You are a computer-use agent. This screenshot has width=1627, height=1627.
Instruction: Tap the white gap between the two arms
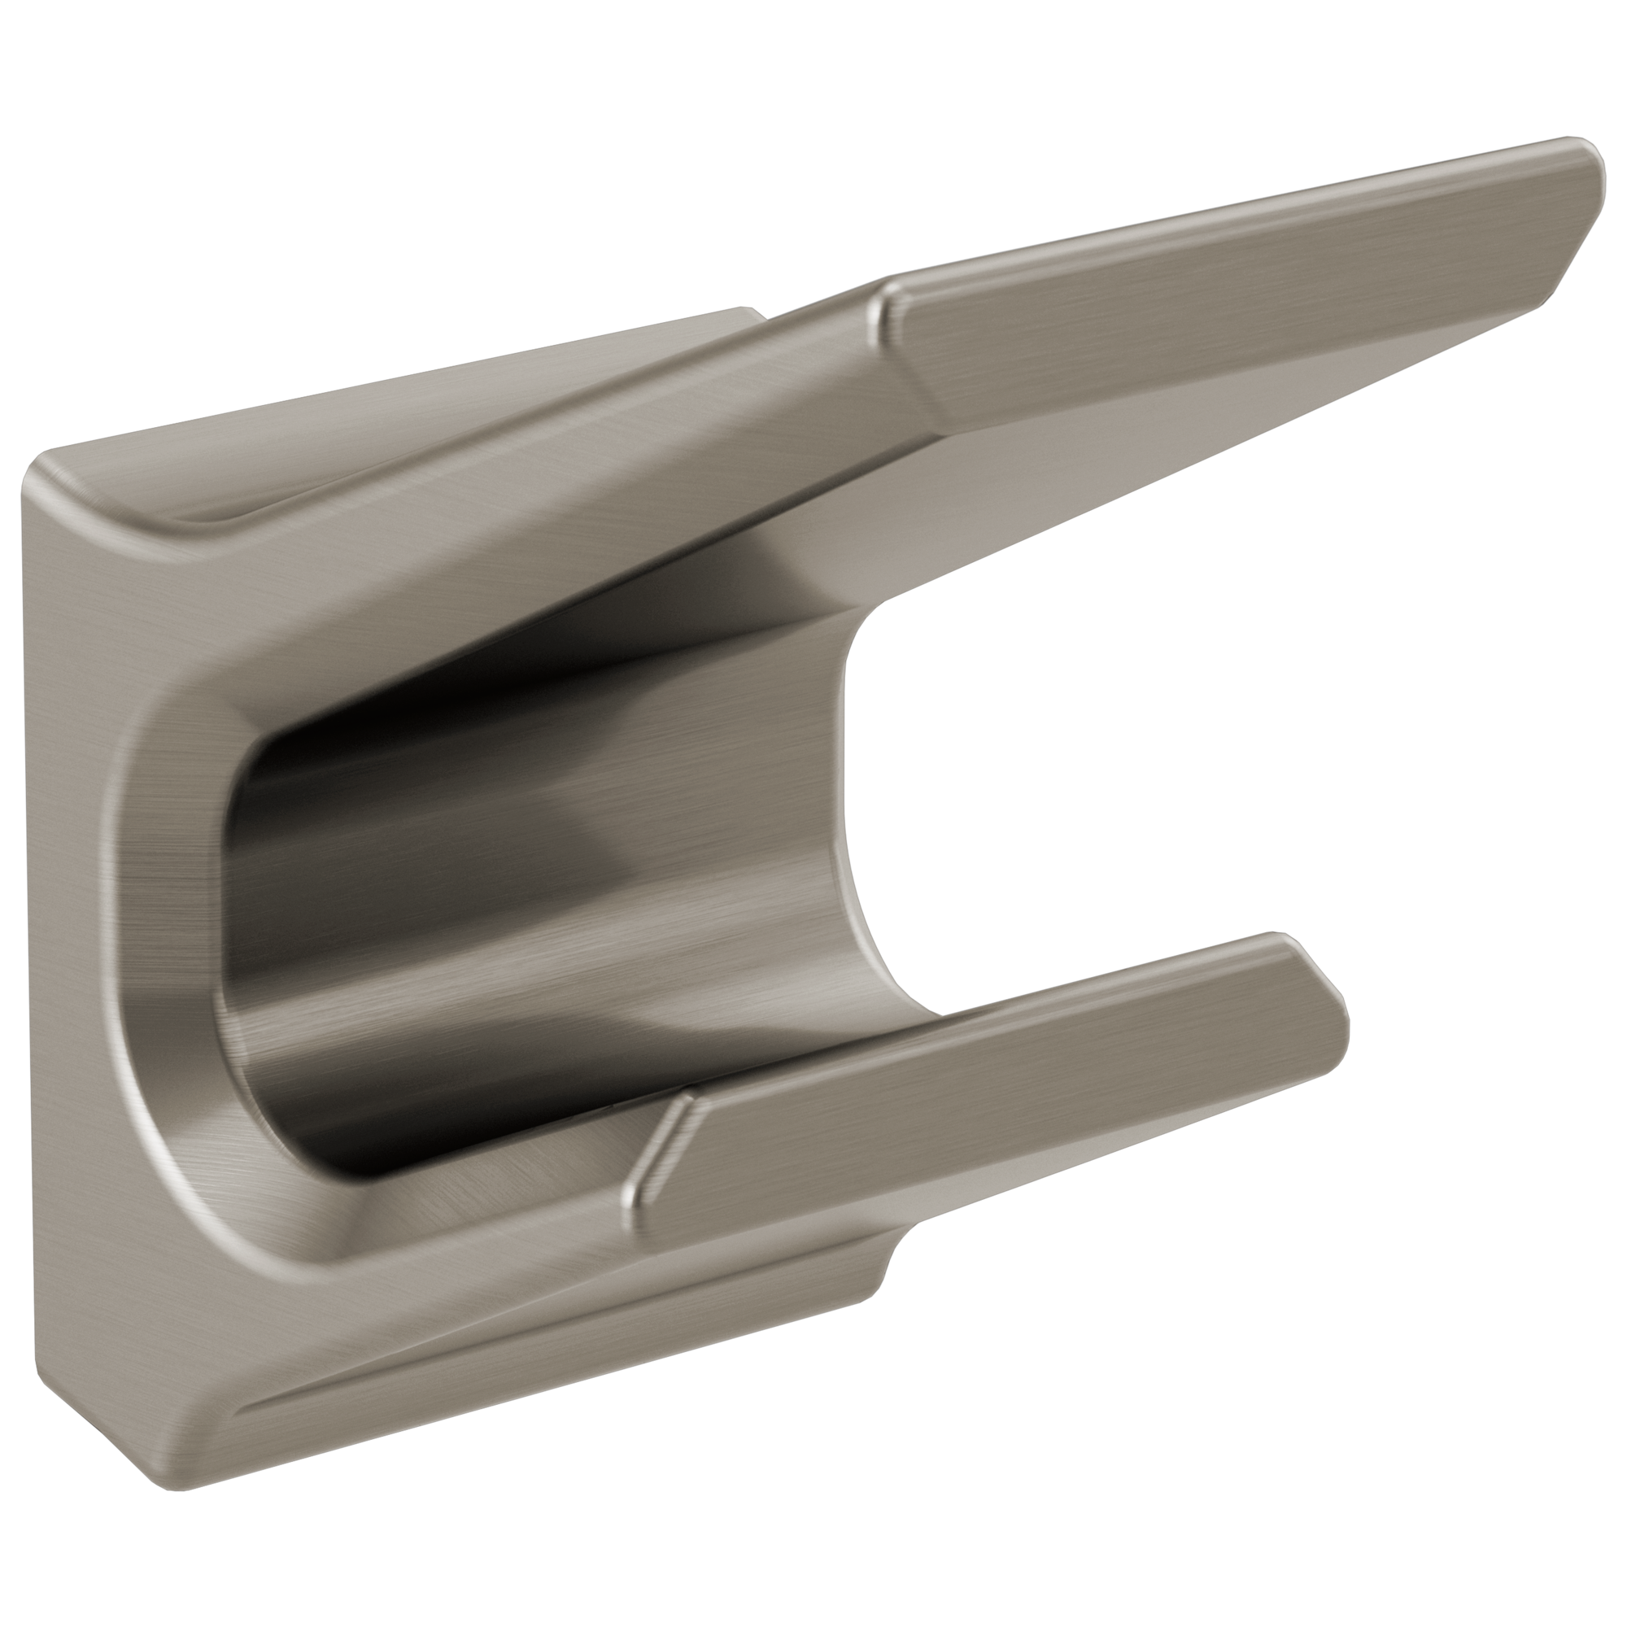coord(1095,758)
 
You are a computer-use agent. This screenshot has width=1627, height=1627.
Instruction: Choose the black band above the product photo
coord(813,68)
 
